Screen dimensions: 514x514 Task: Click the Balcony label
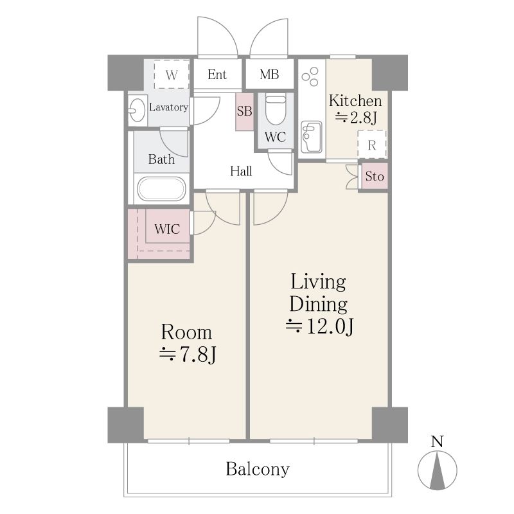coord(258,469)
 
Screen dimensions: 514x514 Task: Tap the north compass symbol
coord(438,470)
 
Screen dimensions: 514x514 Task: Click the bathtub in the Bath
coord(162,189)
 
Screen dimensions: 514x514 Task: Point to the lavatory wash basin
coord(137,110)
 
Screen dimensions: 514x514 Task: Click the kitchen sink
coord(311,137)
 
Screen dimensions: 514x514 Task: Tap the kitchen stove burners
coord(310,76)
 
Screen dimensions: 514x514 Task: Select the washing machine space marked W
coord(172,75)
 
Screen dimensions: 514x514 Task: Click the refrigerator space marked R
coord(372,145)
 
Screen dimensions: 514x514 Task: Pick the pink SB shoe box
coord(245,111)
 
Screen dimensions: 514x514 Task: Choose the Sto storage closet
coord(375,176)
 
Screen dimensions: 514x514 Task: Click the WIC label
coord(167,229)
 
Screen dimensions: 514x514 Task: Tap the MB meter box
coord(269,75)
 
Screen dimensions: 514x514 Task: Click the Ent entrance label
coord(217,75)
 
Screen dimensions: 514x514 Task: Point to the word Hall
coord(241,171)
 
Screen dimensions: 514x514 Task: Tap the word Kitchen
coord(355,101)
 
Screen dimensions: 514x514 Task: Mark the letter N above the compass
coord(437,441)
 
